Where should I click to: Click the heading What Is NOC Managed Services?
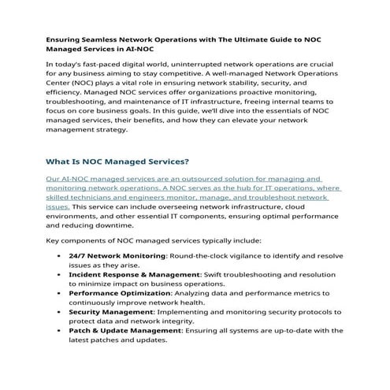pyautogui.click(x=117, y=162)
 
